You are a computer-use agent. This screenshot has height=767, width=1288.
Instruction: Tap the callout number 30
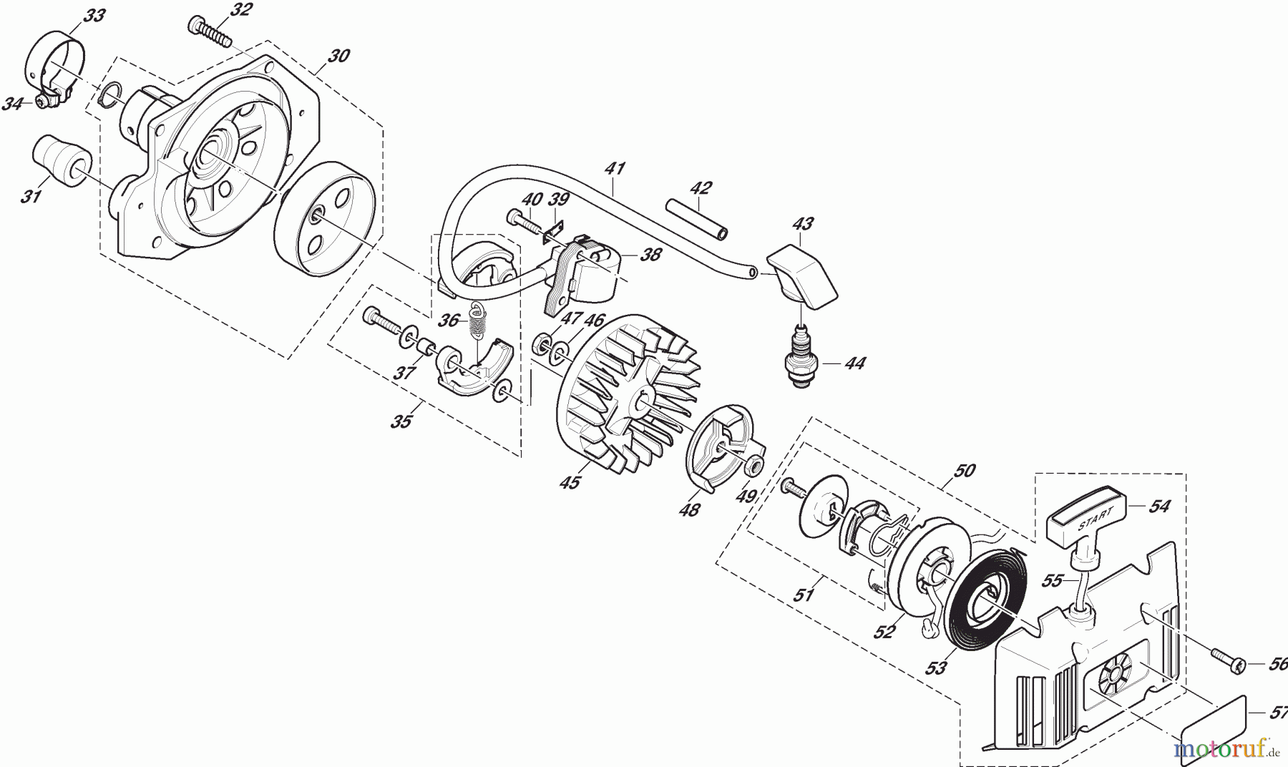click(x=338, y=56)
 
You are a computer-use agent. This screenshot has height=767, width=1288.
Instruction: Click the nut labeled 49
click(x=752, y=466)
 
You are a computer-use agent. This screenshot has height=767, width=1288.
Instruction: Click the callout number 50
click(x=965, y=471)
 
